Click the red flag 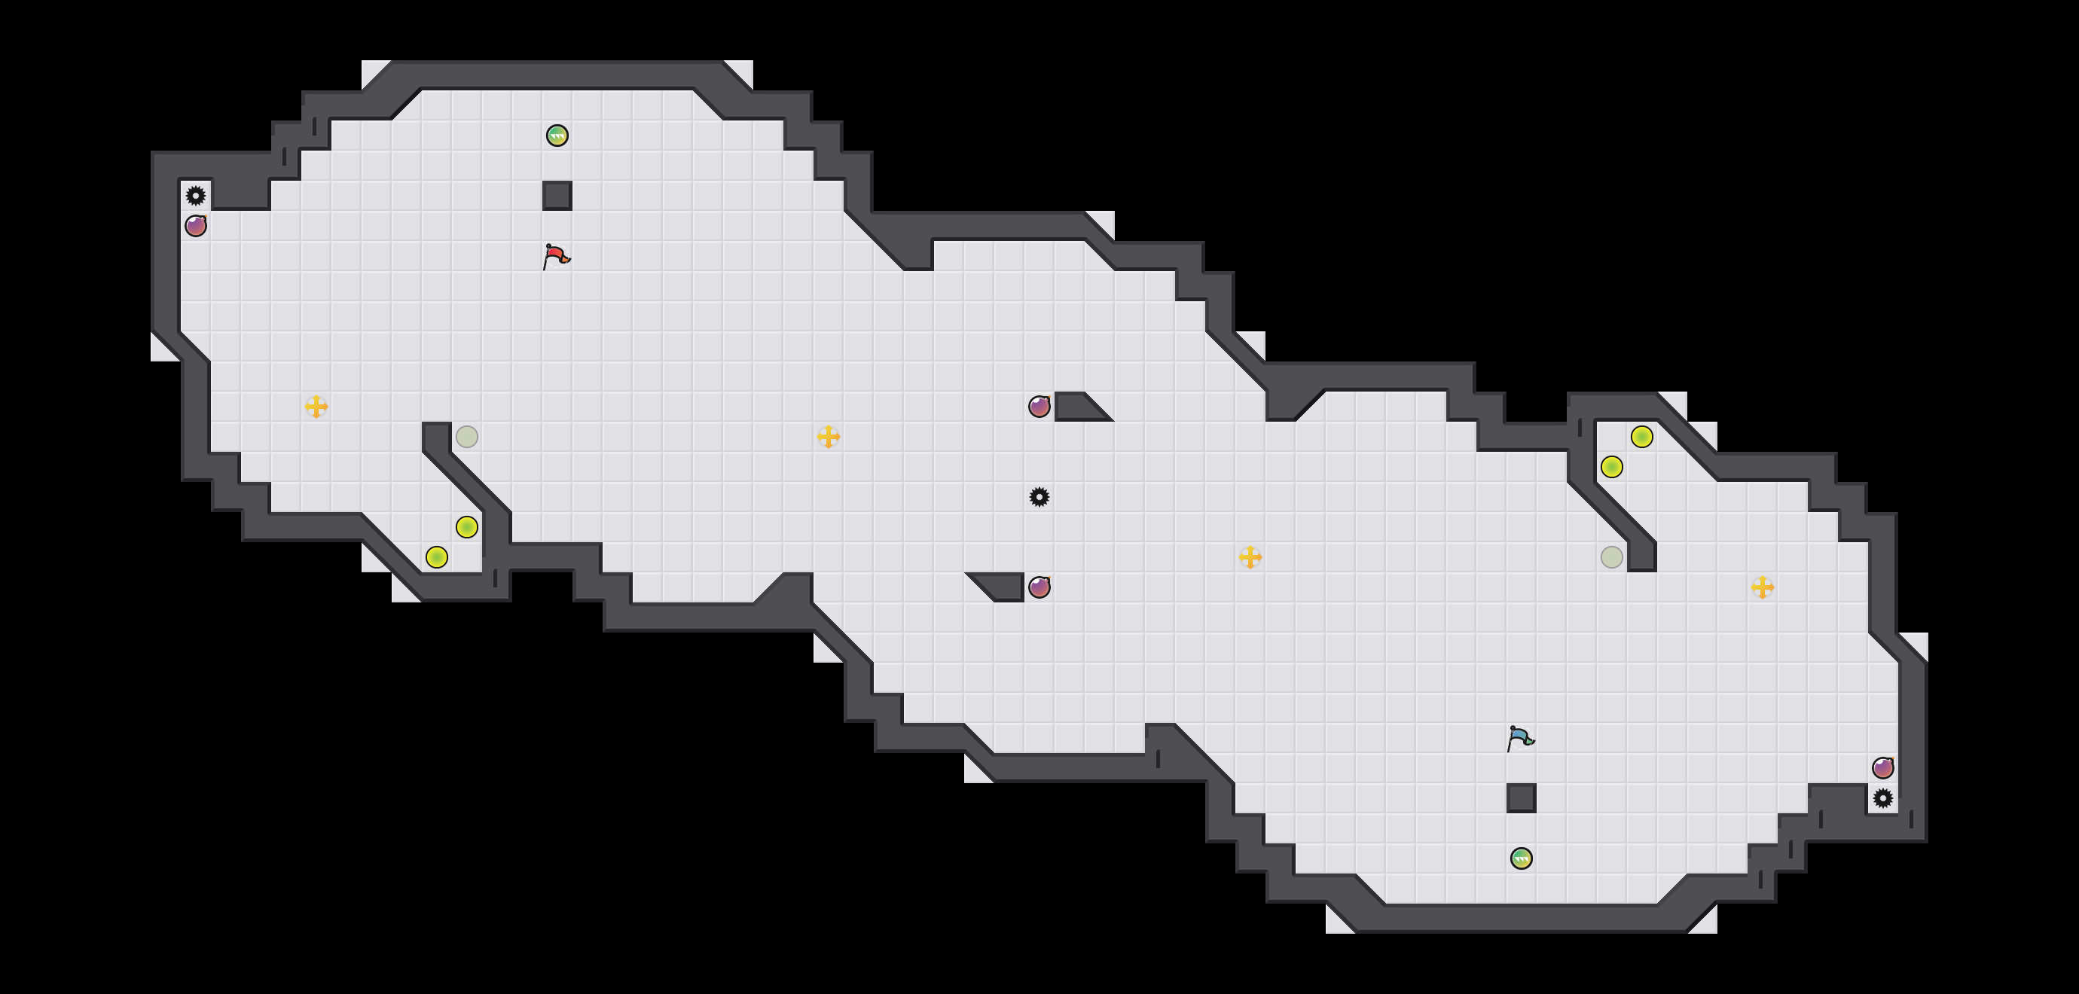point(556,257)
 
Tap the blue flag point(1521,738)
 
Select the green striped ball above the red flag point(557,136)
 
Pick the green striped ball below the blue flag point(1522,858)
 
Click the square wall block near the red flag point(557,195)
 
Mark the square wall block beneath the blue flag point(1522,798)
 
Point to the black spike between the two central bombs point(1039,497)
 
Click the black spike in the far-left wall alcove point(196,195)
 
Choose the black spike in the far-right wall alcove point(1883,798)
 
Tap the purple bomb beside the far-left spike point(196,226)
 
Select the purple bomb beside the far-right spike point(1883,767)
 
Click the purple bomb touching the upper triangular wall point(1039,407)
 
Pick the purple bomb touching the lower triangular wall point(1039,587)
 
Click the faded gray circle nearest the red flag point(466,437)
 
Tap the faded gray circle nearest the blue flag point(1612,556)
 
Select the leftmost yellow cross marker point(316,407)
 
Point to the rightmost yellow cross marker point(1763,587)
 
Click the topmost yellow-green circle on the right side point(1641,437)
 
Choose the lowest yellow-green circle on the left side point(437,556)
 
